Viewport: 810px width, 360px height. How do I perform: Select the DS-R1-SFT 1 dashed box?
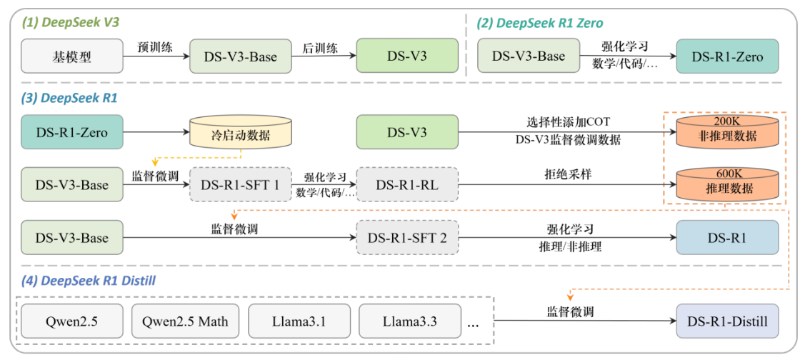tap(240, 186)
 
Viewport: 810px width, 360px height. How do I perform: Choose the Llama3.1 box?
tap(299, 321)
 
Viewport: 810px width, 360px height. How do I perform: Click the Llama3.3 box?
tap(409, 321)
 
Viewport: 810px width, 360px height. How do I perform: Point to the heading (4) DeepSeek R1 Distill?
tap(89, 281)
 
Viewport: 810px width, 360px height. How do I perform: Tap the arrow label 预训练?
tap(154, 47)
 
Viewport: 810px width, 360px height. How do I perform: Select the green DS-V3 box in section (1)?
tap(406, 56)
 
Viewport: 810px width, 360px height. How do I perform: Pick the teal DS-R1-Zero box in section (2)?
tap(726, 56)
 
